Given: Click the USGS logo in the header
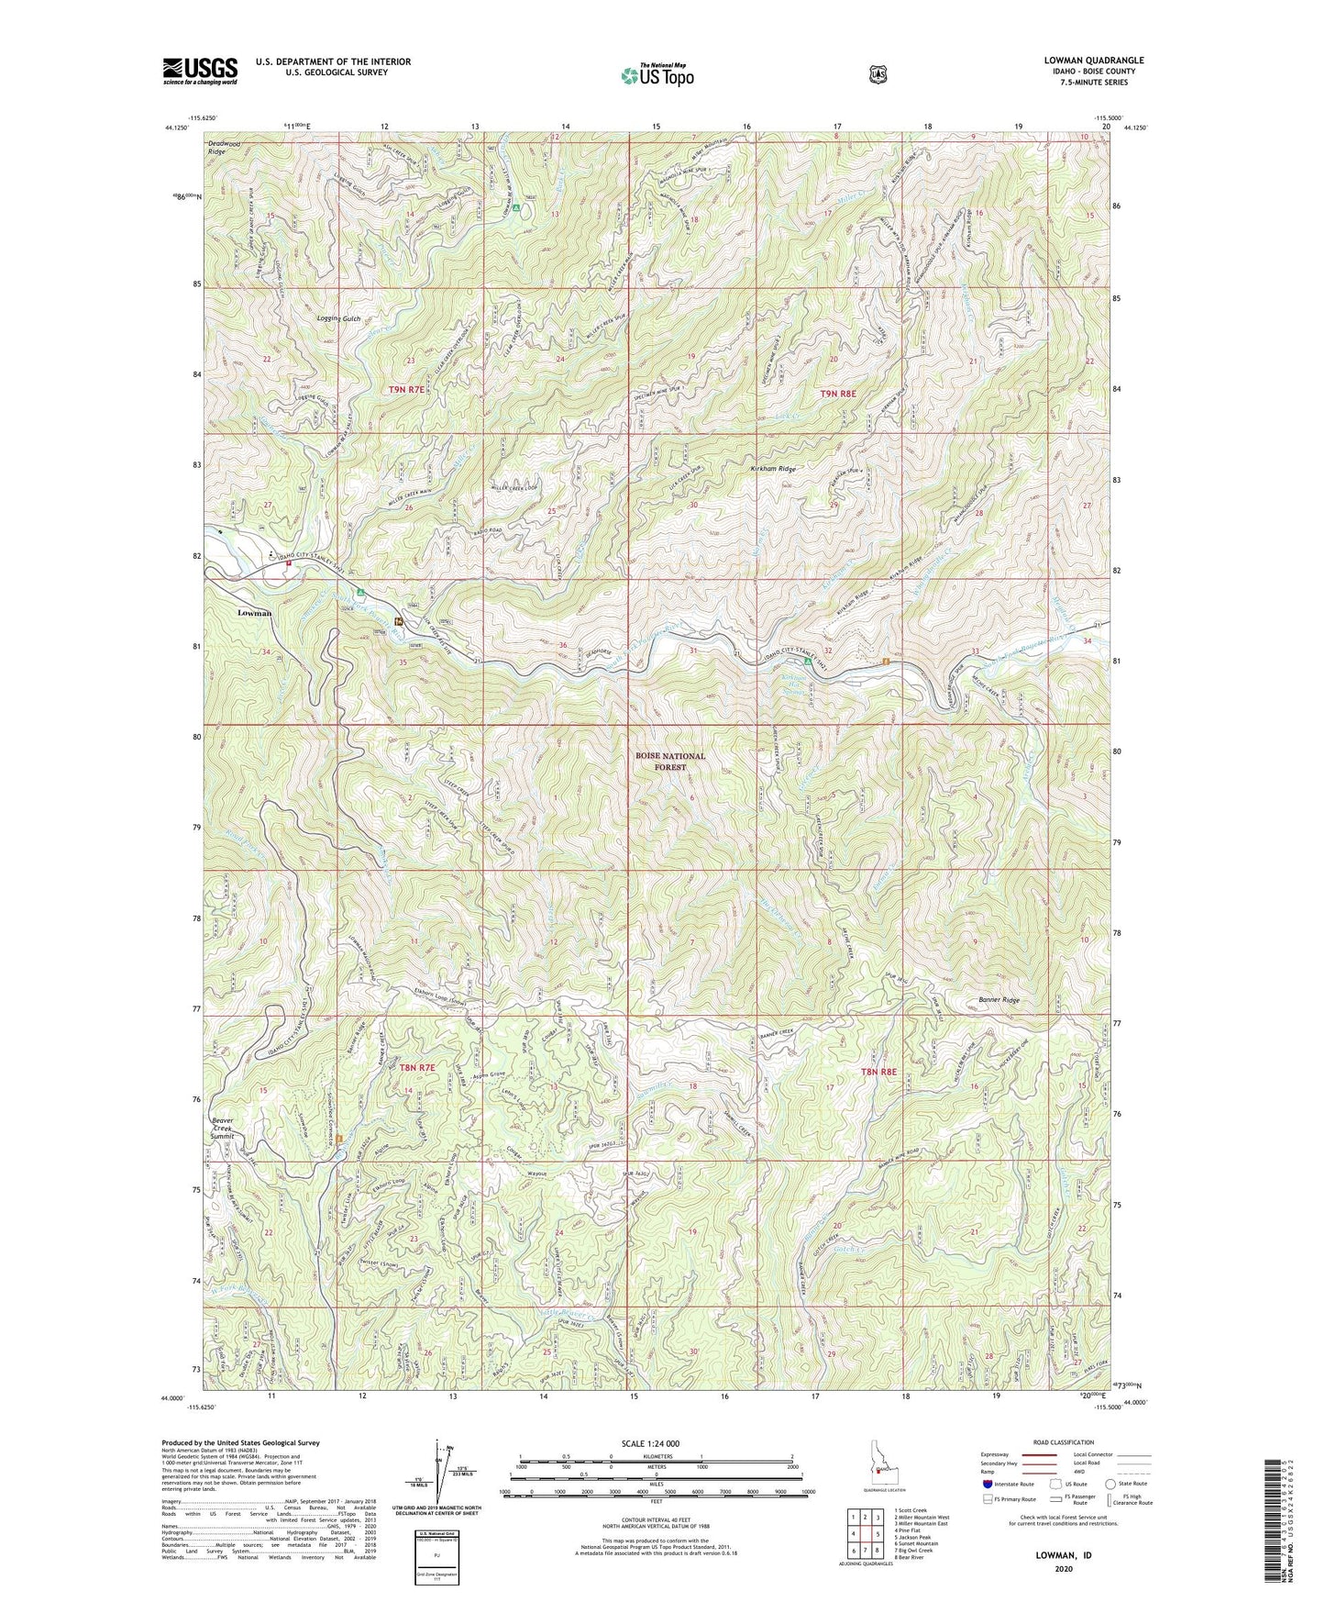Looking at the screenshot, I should click(200, 71).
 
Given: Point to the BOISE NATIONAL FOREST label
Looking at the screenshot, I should click(670, 761).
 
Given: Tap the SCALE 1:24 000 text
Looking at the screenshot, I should click(654, 1443).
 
